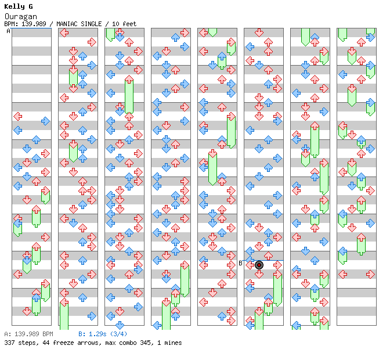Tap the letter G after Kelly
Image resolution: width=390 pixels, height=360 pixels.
(30, 7)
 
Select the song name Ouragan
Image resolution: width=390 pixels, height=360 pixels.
(16, 16)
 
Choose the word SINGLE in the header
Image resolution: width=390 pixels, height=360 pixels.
(93, 24)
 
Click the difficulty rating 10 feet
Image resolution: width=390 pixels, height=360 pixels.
(124, 24)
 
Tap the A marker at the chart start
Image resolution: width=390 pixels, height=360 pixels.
(8, 31)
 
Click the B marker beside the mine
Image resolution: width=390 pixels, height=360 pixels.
(240, 263)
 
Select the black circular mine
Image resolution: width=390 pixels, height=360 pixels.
(259, 265)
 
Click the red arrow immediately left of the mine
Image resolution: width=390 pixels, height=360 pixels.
(250, 265)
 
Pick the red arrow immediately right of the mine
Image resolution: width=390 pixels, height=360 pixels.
(277, 265)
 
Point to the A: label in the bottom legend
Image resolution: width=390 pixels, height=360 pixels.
(7, 334)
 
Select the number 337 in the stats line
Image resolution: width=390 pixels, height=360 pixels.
(9, 343)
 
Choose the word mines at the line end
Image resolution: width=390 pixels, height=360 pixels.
(172, 343)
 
